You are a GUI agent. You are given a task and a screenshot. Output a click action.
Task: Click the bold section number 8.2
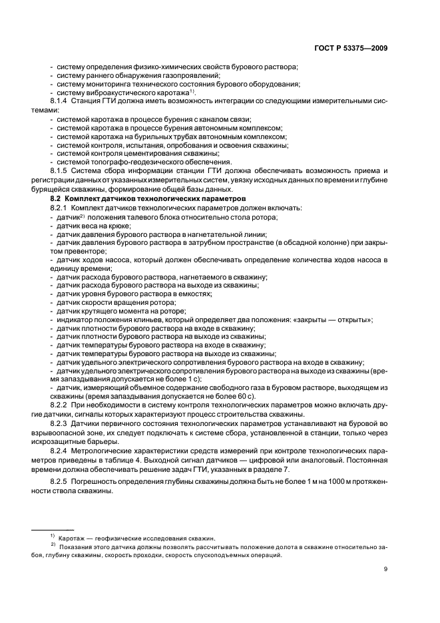click(56, 199)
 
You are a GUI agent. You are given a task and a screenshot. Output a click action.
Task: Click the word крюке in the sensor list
click(116, 226)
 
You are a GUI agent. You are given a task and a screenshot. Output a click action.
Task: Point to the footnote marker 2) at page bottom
click(52, 545)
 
